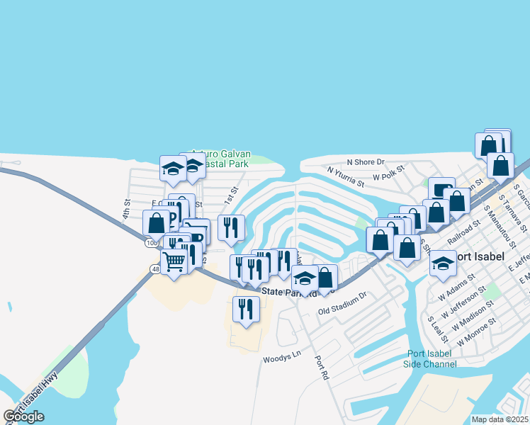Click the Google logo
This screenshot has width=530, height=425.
[23, 416]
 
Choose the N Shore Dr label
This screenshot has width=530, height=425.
[365, 162]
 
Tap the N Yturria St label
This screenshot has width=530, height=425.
[345, 176]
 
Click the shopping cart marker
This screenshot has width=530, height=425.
[174, 261]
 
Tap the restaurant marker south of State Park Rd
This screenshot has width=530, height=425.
[246, 310]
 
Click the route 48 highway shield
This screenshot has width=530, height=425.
[154, 269]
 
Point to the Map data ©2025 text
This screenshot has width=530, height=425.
[500, 419]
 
